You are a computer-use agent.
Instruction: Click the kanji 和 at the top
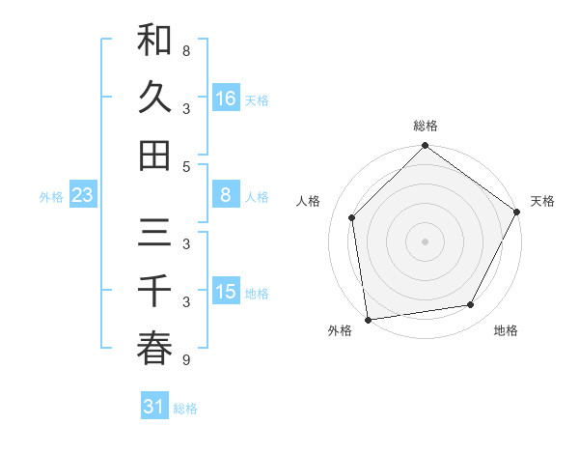point(154,42)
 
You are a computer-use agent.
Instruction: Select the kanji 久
point(154,98)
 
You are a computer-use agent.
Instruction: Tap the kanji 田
point(154,155)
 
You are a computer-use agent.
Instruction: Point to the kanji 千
point(154,293)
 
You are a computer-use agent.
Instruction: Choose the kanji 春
point(154,349)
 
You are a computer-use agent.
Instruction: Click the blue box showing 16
point(226,99)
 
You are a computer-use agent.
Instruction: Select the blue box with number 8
point(226,196)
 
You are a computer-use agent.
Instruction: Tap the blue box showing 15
point(226,293)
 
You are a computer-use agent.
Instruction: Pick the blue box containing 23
point(83,196)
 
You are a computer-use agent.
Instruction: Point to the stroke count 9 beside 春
point(185,360)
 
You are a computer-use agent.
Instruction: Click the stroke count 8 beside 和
point(185,50)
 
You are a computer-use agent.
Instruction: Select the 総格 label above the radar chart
point(425,127)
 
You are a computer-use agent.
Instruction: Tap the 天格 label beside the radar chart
point(542,201)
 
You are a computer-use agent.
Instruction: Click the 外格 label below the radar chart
point(340,330)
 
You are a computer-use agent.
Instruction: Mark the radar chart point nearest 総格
point(425,147)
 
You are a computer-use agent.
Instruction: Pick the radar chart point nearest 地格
point(471,305)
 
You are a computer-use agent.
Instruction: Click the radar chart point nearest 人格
point(352,217)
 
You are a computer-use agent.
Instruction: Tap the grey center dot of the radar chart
point(425,241)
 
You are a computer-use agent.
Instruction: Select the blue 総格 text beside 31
point(185,408)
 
